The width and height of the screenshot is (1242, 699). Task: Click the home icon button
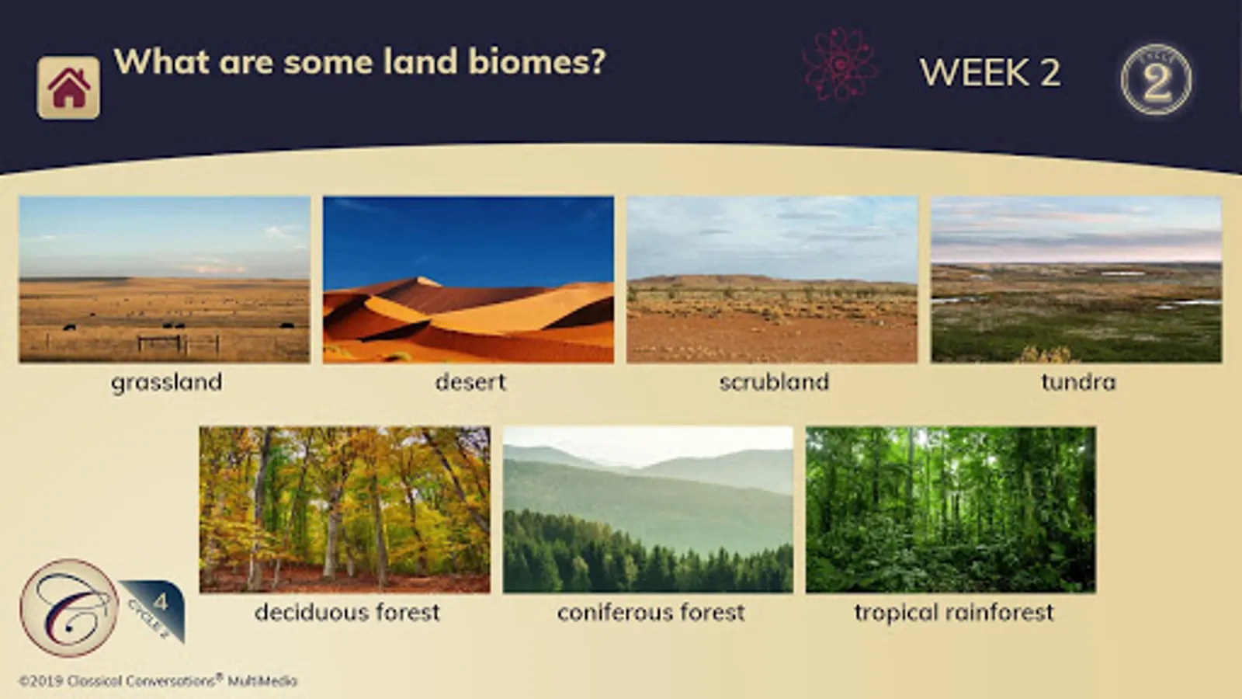pos(69,88)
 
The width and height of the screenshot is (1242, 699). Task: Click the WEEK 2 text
pos(990,72)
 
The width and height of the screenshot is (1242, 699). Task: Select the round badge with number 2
pos(1157,79)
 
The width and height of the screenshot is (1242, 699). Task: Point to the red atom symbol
pos(839,65)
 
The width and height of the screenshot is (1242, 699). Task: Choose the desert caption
pos(470,381)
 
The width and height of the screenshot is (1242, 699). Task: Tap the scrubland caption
pos(775,381)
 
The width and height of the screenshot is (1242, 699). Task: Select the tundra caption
pos(1078,381)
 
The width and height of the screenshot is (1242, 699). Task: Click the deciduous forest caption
pos(347,612)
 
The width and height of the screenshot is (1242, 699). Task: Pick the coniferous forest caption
pos(651,612)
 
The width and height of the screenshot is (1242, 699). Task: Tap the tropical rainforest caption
pos(954,613)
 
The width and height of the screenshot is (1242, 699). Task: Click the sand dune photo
pos(469,280)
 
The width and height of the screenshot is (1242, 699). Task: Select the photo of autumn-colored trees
pos(345,509)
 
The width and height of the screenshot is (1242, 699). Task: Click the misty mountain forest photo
pos(648,509)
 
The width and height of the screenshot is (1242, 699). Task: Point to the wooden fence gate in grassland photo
pos(160,344)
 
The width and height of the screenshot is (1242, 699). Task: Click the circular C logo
pos(69,608)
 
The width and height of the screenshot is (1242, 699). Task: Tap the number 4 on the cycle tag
pos(161,601)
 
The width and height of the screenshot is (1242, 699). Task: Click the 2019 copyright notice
pos(158,680)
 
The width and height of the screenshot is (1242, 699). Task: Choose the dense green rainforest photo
pos(951,509)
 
